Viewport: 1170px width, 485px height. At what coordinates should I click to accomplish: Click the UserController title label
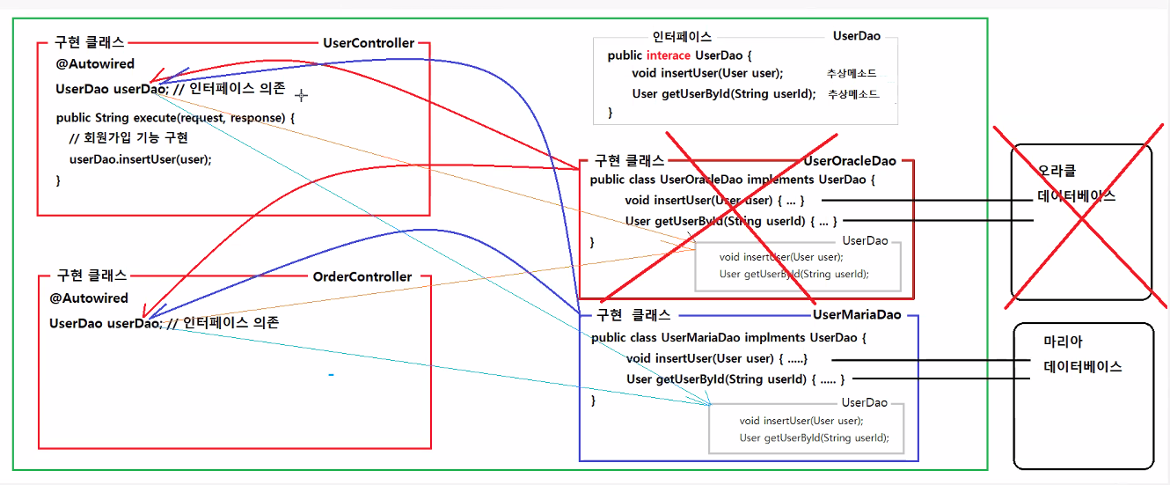coord(369,42)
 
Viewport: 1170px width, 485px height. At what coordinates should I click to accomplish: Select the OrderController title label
coord(362,276)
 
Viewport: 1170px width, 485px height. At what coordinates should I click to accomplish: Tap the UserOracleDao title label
coord(850,161)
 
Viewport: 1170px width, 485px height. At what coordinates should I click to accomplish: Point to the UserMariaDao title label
coord(857,314)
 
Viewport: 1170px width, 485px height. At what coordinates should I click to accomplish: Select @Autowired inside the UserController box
coord(96,63)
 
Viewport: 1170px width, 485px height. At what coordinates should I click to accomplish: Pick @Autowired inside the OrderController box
coord(89,298)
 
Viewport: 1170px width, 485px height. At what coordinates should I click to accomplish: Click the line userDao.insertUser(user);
coord(141,159)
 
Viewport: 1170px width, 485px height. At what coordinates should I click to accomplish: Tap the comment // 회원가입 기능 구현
coord(128,137)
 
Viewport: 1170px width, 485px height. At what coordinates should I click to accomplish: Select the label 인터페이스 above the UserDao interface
coord(682,37)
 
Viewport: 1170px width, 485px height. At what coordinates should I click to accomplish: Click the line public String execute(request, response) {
coord(175,117)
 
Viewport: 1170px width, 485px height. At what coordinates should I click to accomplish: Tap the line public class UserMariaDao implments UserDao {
coord(729,337)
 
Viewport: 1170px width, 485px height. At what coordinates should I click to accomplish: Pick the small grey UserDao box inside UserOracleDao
coord(797,264)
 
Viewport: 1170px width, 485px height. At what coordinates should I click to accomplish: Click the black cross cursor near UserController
coord(302,94)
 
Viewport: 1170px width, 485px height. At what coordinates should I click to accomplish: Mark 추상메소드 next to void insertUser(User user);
coord(851,73)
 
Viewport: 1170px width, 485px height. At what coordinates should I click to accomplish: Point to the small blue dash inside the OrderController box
coord(331,376)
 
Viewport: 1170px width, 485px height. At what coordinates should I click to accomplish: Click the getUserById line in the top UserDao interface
coord(723,93)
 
